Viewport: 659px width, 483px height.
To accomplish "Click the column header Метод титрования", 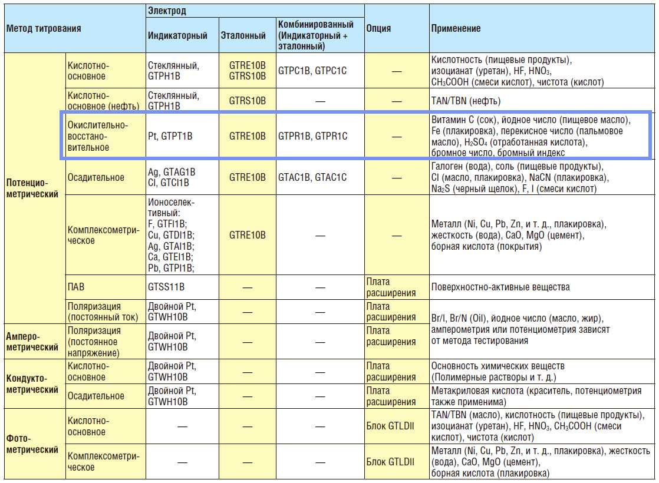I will (x=43, y=28).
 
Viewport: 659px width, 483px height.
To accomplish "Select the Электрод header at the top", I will (x=167, y=11).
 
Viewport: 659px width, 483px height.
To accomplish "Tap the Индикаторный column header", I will (x=177, y=35).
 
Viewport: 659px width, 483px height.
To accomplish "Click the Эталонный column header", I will (x=243, y=35).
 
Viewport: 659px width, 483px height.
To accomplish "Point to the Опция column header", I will (x=378, y=28).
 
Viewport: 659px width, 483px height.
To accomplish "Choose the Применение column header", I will (x=456, y=28).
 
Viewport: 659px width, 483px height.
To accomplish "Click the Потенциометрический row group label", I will (x=32, y=188).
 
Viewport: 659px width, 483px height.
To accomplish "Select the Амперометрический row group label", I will (x=32, y=342).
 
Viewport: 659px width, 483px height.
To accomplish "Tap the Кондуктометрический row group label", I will (x=32, y=384).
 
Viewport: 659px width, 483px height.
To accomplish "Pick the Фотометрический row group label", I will (x=32, y=444).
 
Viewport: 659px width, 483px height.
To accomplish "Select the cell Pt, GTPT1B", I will (x=170, y=136).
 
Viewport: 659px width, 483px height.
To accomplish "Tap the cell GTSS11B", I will (x=166, y=287).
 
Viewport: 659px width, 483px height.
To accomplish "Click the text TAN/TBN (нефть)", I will (x=466, y=101).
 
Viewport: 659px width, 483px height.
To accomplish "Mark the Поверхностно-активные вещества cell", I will (x=500, y=287).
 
